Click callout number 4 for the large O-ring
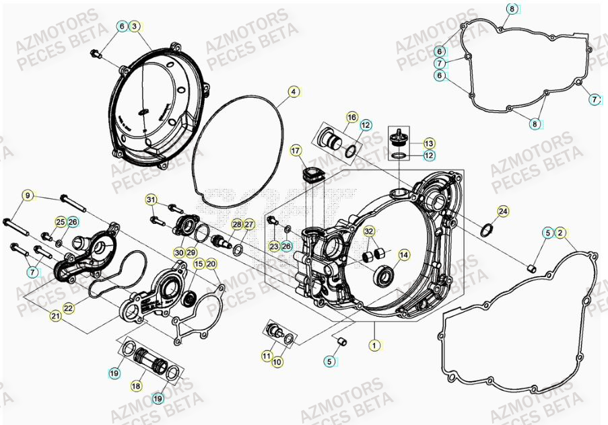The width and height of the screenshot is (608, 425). pos(294,91)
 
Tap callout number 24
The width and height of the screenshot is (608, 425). pos(503,211)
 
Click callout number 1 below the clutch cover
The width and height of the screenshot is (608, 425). pos(374,345)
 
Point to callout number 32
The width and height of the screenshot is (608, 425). pos(368,231)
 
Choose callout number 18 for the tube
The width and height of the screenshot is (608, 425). pos(136,386)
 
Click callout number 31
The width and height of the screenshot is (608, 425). pos(151,200)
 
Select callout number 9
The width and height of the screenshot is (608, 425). pos(28,196)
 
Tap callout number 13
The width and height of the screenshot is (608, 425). pos(430,143)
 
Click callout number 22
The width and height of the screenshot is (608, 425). pos(68,307)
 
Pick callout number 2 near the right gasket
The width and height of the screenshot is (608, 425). pos(561,233)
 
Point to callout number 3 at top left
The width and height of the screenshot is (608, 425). pos(135,26)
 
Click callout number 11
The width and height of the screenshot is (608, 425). pos(267,355)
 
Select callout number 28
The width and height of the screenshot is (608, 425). pos(237,224)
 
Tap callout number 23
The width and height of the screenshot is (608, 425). pos(273,247)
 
